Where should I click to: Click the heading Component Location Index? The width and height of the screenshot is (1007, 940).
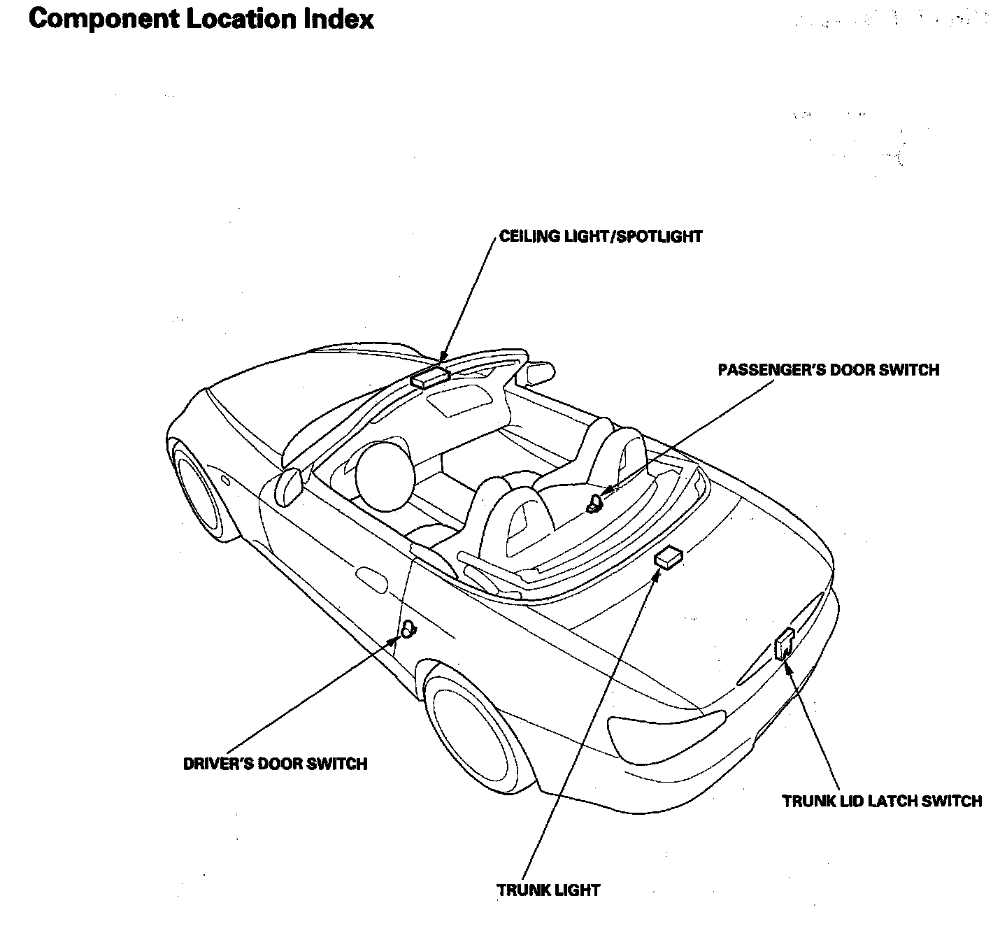click(x=201, y=19)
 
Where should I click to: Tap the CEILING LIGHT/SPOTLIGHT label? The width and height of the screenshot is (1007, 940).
click(x=601, y=236)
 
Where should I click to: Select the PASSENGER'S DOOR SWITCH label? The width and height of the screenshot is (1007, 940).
click(x=829, y=370)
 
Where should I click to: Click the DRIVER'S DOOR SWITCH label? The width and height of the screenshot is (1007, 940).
click(x=275, y=763)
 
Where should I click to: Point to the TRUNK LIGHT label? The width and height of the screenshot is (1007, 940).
click(x=548, y=890)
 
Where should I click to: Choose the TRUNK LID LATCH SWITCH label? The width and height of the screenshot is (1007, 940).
click(x=882, y=801)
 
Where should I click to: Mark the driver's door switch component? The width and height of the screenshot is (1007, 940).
click(x=407, y=629)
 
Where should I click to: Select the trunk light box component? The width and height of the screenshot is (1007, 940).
click(x=669, y=557)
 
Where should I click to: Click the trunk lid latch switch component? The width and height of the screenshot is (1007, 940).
click(x=784, y=643)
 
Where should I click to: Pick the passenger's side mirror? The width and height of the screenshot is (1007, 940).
click(x=540, y=372)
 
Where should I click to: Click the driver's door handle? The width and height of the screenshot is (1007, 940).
click(x=371, y=578)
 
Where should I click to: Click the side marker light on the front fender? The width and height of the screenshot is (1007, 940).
click(x=225, y=480)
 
